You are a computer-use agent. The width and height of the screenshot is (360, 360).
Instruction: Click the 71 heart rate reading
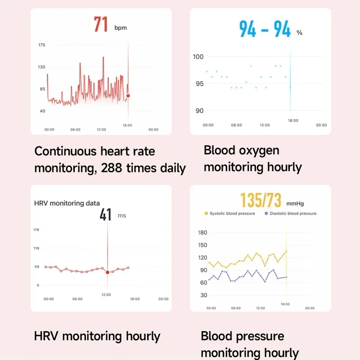101,24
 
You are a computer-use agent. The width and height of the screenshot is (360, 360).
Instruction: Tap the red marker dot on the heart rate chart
128,96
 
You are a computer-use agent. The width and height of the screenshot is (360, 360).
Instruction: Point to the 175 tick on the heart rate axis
41,45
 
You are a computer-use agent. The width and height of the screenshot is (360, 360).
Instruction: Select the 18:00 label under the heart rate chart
128,125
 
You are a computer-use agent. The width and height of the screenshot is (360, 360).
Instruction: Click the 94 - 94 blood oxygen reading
265,29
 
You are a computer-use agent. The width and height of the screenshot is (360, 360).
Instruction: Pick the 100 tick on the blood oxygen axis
198,57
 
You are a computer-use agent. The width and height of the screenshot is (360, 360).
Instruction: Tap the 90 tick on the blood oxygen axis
198,111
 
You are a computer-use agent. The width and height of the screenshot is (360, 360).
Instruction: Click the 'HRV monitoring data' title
67,203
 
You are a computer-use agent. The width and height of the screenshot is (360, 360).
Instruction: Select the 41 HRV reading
106,215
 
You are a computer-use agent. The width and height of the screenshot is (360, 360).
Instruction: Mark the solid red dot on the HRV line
108,272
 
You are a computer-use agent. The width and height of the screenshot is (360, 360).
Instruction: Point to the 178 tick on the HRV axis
36,230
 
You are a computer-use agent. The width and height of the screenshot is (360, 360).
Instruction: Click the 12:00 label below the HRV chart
106,295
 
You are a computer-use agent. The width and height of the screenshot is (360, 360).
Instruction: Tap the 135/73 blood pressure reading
261,200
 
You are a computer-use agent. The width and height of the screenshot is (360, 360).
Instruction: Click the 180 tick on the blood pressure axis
202,233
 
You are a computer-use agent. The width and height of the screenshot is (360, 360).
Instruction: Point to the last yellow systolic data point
286,251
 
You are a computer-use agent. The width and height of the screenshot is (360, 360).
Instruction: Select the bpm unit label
121,28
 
